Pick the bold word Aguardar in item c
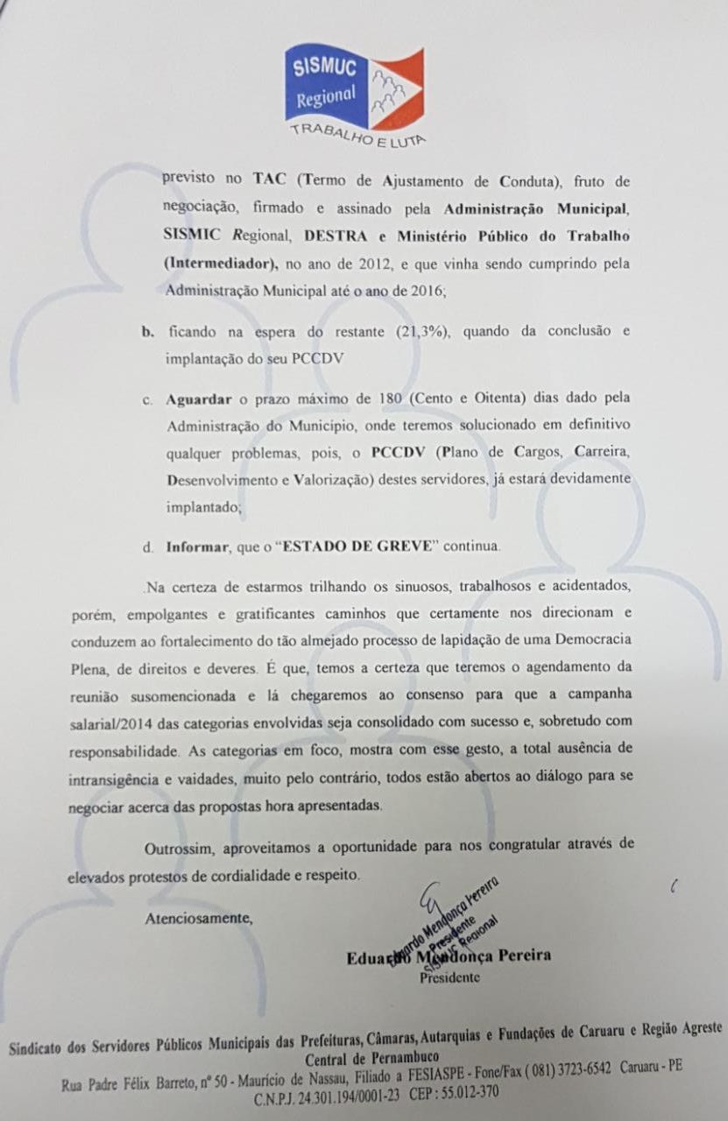coord(198,399)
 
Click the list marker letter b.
coord(146,332)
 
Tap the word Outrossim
coord(178,848)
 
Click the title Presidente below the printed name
coord(450,977)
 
